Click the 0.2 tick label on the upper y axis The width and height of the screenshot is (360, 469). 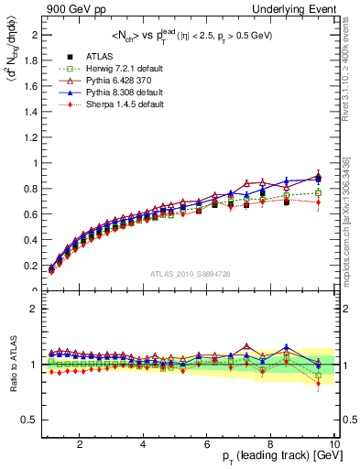[30, 266]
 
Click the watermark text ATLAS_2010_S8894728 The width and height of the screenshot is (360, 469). [189, 274]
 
